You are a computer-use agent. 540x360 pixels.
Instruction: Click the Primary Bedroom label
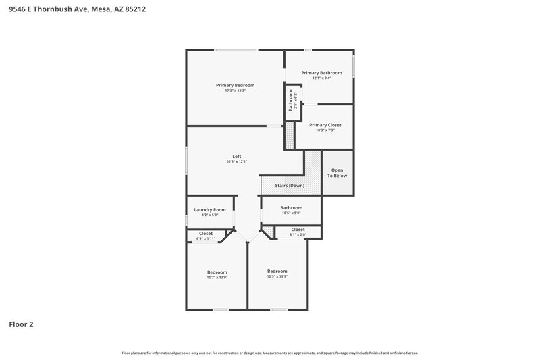pyautogui.click(x=235, y=85)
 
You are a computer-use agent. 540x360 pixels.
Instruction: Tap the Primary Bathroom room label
pyautogui.click(x=321, y=73)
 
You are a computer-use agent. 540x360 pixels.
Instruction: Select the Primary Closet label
pyautogui.click(x=325, y=125)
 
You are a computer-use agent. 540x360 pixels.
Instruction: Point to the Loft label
pyautogui.click(x=236, y=156)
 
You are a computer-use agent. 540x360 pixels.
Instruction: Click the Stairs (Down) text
pyautogui.click(x=290, y=185)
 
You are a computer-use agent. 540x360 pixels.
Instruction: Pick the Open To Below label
pyautogui.click(x=337, y=172)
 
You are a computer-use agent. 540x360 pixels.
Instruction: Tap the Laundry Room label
pyautogui.click(x=209, y=209)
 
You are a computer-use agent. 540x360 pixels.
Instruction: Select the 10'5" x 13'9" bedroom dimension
pyautogui.click(x=277, y=276)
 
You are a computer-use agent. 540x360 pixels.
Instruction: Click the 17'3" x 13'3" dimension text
pyautogui.click(x=235, y=91)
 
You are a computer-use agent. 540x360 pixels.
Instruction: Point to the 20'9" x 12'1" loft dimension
pyautogui.click(x=236, y=161)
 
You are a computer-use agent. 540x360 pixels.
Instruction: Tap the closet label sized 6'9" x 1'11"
pyautogui.click(x=205, y=234)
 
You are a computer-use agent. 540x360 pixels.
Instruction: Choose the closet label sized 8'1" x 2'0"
pyautogui.click(x=298, y=230)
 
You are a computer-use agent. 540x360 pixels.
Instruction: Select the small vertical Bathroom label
pyautogui.click(x=291, y=101)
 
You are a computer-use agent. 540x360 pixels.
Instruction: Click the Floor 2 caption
pyautogui.click(x=21, y=324)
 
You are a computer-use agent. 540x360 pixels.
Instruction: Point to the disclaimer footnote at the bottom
pyautogui.click(x=269, y=353)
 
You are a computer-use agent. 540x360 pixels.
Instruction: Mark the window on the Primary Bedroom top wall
pyautogui.click(x=236, y=49)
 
